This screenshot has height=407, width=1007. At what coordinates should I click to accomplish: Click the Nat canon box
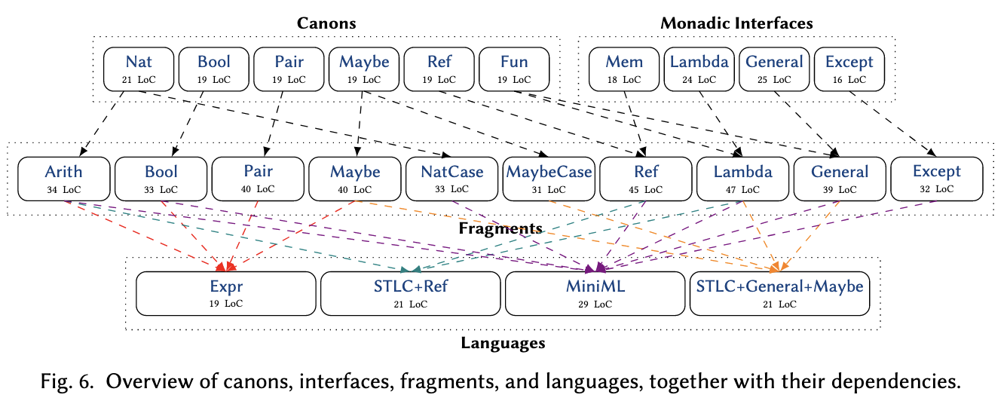click(139, 69)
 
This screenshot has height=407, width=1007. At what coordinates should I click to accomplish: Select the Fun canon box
click(514, 69)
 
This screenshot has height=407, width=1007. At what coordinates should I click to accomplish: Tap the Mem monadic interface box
click(624, 69)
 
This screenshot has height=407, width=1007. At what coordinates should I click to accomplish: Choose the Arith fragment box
click(64, 179)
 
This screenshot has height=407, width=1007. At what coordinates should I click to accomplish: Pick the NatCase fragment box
click(451, 179)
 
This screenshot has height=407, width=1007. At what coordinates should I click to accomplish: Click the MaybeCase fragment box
click(549, 179)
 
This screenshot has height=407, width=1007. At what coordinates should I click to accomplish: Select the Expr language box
click(226, 294)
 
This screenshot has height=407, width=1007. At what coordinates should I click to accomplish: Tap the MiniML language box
click(595, 294)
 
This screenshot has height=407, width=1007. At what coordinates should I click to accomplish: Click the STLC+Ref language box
click(411, 294)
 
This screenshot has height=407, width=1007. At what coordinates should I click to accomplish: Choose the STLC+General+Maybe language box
click(780, 294)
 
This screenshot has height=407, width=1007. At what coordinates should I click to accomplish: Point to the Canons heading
click(326, 23)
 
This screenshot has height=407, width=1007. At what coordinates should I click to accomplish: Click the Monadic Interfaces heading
click(736, 23)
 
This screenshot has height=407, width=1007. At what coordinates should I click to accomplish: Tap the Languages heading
click(503, 343)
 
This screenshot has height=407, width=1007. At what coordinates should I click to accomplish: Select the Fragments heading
click(500, 228)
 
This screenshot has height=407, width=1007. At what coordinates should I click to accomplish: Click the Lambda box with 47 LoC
click(742, 179)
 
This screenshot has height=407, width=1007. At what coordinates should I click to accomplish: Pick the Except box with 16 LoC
click(849, 69)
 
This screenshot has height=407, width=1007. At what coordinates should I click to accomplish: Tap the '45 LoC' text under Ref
click(645, 190)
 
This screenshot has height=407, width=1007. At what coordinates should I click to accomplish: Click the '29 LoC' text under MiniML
click(595, 304)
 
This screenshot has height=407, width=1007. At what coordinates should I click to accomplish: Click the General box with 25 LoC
click(774, 69)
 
